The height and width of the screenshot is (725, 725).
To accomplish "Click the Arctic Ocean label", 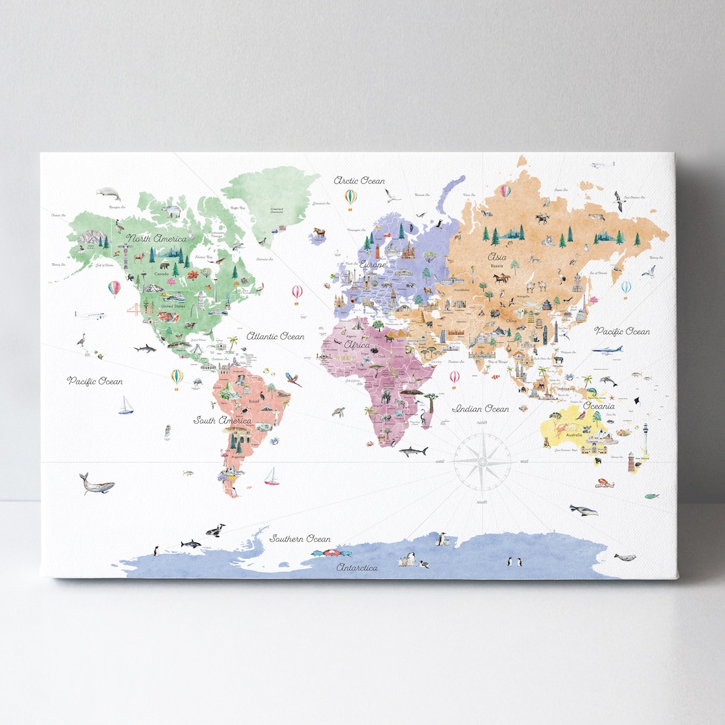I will click(x=360, y=181).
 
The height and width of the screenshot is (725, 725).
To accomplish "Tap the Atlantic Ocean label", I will click(x=275, y=336).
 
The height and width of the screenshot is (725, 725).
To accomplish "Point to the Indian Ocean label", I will click(x=481, y=408).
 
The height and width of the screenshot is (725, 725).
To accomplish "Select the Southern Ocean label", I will click(x=300, y=538).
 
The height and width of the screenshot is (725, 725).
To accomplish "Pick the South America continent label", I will click(x=223, y=421).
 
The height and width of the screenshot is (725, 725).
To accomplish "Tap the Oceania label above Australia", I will click(x=598, y=406).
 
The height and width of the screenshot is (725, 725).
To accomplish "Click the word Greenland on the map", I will click(x=276, y=209).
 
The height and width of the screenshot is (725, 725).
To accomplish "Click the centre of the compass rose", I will click(x=482, y=461).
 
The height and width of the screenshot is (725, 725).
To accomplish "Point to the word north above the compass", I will click(x=482, y=422).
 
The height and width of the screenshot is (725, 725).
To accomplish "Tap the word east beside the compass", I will click(x=524, y=461).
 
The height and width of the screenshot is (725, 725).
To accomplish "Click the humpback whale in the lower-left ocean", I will click(x=96, y=483).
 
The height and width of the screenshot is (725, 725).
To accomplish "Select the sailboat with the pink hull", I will click(x=271, y=476).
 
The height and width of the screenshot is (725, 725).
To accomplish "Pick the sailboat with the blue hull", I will click(x=126, y=405).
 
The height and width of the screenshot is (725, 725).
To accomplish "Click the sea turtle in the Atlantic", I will click(x=338, y=412).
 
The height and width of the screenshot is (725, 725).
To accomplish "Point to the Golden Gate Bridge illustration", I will click(x=137, y=309).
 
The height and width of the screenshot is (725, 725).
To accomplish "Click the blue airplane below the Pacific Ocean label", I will click(x=606, y=350).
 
